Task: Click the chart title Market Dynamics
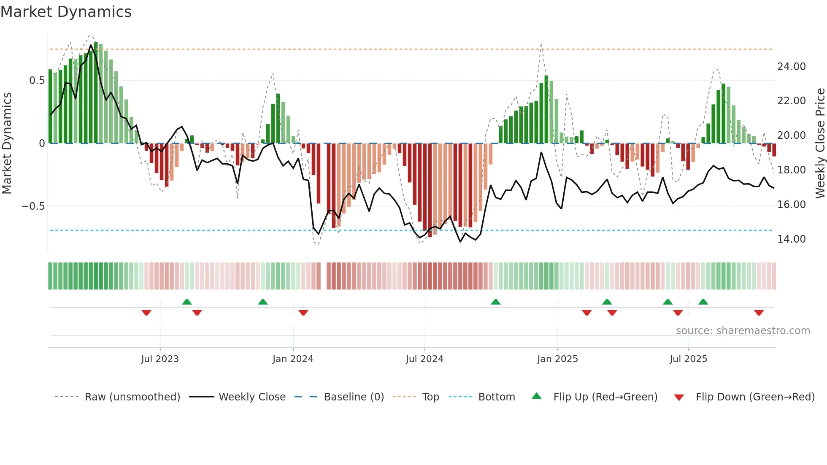[x=66, y=12]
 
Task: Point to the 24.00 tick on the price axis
[x=791, y=67]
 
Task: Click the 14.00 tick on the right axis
[x=791, y=239]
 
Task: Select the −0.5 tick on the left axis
[x=33, y=206]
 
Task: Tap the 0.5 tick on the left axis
[x=37, y=81]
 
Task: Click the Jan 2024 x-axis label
[x=293, y=359]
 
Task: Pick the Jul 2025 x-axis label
[x=688, y=359]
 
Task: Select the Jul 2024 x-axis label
[x=424, y=359]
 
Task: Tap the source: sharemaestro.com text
[x=743, y=331]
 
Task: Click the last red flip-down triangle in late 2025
[x=759, y=313]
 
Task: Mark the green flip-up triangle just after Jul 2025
[x=703, y=302]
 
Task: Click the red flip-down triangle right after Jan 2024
[x=303, y=313]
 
